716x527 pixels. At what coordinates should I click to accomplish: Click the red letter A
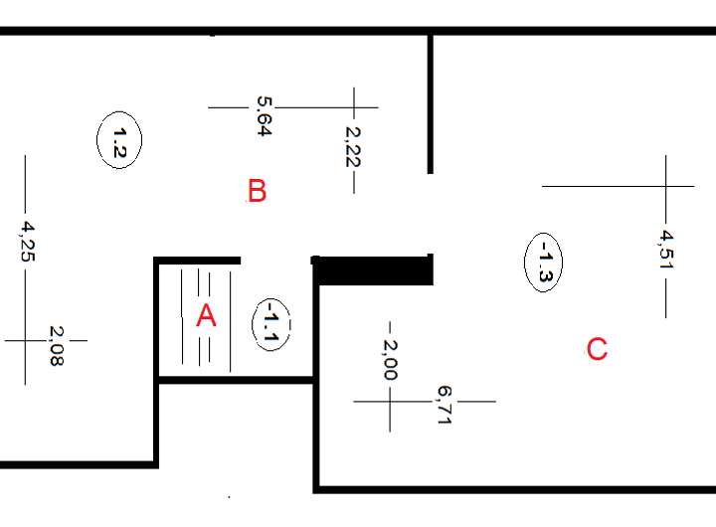coord(206,315)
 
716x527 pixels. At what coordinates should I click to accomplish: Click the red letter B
coord(257,190)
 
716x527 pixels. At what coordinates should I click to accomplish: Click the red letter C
coord(597,349)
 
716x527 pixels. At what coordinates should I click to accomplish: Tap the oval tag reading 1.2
coord(119,141)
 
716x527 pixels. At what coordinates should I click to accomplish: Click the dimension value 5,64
coord(264,115)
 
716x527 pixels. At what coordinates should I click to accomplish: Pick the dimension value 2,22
coord(352,145)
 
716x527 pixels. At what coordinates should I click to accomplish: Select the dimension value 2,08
coord(55,346)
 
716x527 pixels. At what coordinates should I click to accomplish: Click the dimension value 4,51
coord(666,250)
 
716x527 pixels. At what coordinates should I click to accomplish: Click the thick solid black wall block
coord(373,269)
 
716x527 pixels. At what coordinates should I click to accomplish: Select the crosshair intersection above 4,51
coord(666,186)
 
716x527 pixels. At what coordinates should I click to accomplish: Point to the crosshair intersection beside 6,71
coord(390,402)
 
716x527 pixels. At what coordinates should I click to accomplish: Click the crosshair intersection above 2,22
coord(354,105)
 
